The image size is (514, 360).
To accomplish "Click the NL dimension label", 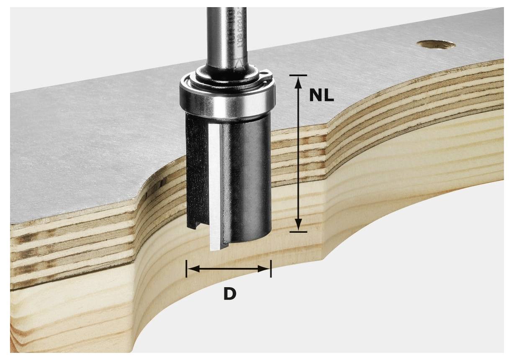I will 321,96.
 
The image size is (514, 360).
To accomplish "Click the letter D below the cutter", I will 229,294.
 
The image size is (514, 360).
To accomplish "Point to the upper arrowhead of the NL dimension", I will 298,82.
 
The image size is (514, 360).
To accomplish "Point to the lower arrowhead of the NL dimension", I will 298,225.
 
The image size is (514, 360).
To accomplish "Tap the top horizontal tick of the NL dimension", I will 298,75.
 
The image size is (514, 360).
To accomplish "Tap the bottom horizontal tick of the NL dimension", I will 298,231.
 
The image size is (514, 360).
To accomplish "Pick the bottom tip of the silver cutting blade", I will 215,249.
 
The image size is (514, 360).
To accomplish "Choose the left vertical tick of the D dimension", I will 187,269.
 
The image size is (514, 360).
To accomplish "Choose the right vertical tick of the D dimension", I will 271,269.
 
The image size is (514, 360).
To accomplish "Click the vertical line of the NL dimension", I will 298,155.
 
